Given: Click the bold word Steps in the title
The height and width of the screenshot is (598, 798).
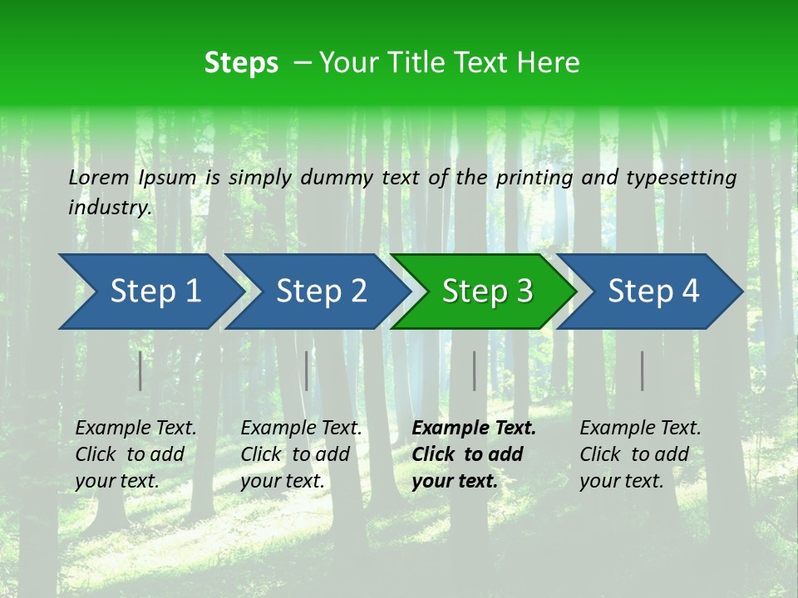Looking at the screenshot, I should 241,63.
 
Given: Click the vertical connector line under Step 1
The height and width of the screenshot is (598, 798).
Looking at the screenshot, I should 140,370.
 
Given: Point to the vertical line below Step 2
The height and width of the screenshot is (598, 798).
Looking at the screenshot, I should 307,370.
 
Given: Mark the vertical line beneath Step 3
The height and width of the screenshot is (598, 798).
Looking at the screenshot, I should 474,370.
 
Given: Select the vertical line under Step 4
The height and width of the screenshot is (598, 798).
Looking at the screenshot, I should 642,370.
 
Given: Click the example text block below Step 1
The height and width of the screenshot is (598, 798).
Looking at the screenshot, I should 135,454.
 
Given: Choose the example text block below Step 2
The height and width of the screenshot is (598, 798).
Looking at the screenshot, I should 301,454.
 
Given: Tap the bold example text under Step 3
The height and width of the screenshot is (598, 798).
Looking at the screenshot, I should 473,454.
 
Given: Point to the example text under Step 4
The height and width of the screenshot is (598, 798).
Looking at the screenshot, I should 640,454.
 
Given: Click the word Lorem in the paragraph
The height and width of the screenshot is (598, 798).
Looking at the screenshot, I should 99,177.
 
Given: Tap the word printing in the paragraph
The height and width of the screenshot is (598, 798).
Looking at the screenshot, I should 536,177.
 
